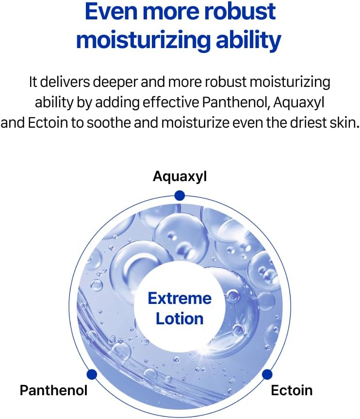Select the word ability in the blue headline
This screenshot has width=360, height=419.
click(248, 41)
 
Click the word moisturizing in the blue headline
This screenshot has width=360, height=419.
click(144, 41)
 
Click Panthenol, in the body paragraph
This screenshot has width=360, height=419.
click(235, 102)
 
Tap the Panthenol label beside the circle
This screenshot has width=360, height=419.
click(54, 390)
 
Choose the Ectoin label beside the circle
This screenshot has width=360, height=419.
click(292, 390)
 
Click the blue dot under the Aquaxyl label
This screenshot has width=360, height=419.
click(180, 196)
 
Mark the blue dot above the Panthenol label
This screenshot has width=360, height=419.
click(92, 374)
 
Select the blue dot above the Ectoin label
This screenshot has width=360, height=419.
click(267, 374)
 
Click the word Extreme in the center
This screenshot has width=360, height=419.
click(180, 299)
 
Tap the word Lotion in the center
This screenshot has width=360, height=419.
click(180, 319)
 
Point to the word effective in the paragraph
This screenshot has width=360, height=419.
click(170, 102)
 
